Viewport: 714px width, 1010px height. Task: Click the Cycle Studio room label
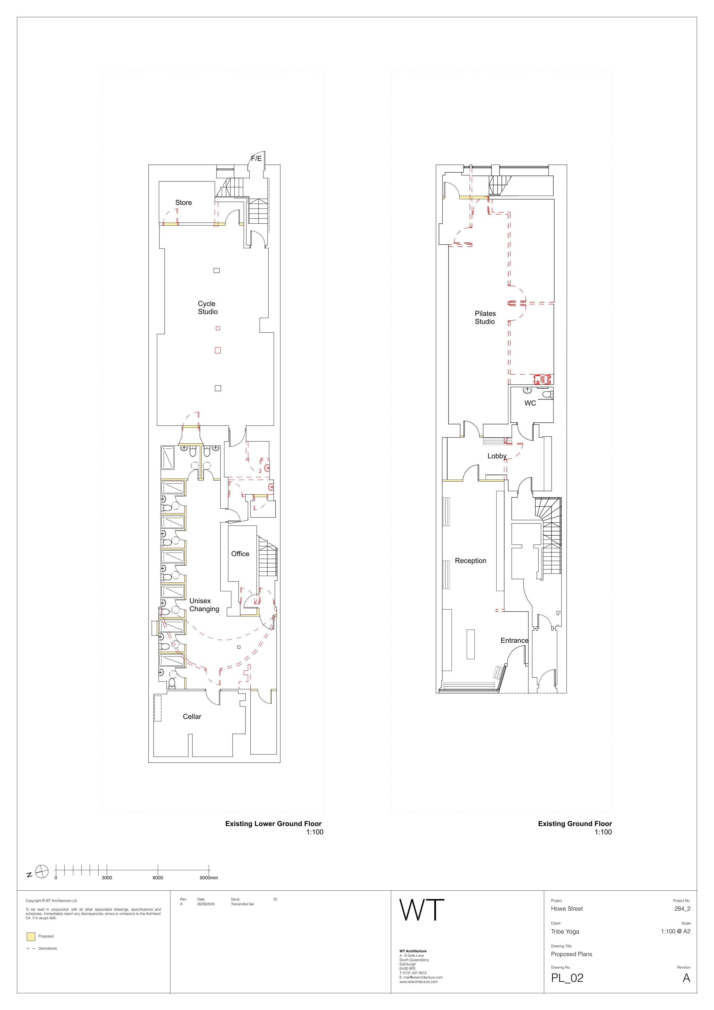[208, 307]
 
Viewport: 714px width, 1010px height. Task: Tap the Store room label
[183, 203]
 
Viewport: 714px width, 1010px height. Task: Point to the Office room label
[240, 554]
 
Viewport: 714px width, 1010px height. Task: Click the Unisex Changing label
[204, 605]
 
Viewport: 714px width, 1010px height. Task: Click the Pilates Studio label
[485, 318]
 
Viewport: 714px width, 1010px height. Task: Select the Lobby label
[497, 456]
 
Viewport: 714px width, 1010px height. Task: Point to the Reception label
[470, 561]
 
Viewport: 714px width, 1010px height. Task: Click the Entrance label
[514, 640]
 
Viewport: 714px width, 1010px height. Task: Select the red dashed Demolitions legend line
[31, 948]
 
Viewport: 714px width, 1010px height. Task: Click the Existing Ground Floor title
[575, 824]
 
